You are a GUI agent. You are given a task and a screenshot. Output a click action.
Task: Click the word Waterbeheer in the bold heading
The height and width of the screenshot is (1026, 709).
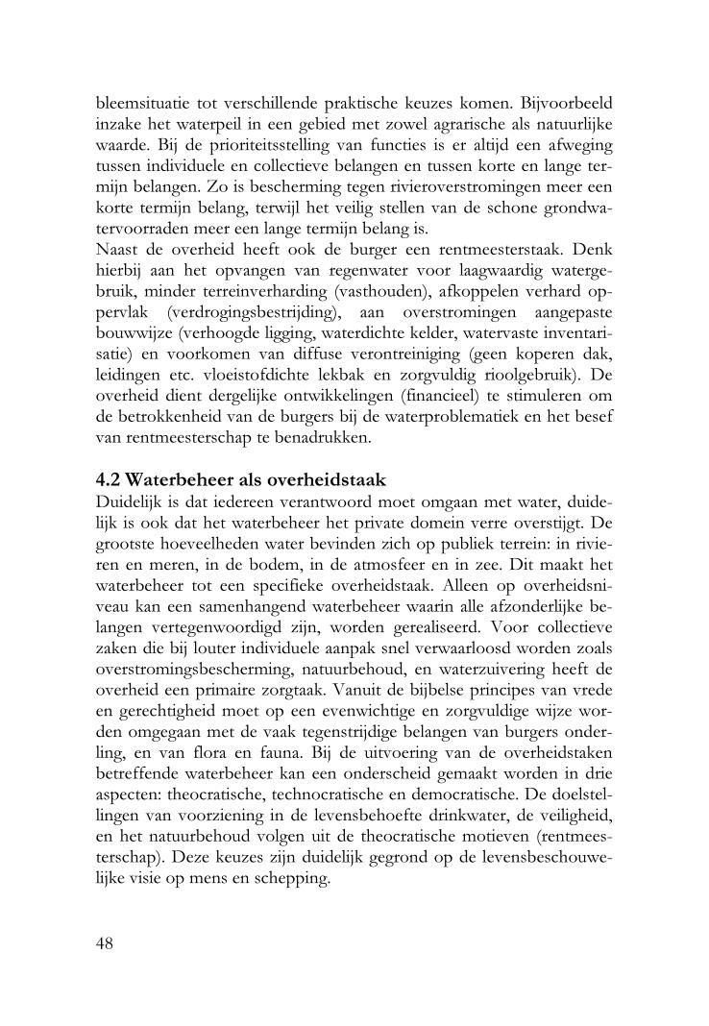[178, 480]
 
